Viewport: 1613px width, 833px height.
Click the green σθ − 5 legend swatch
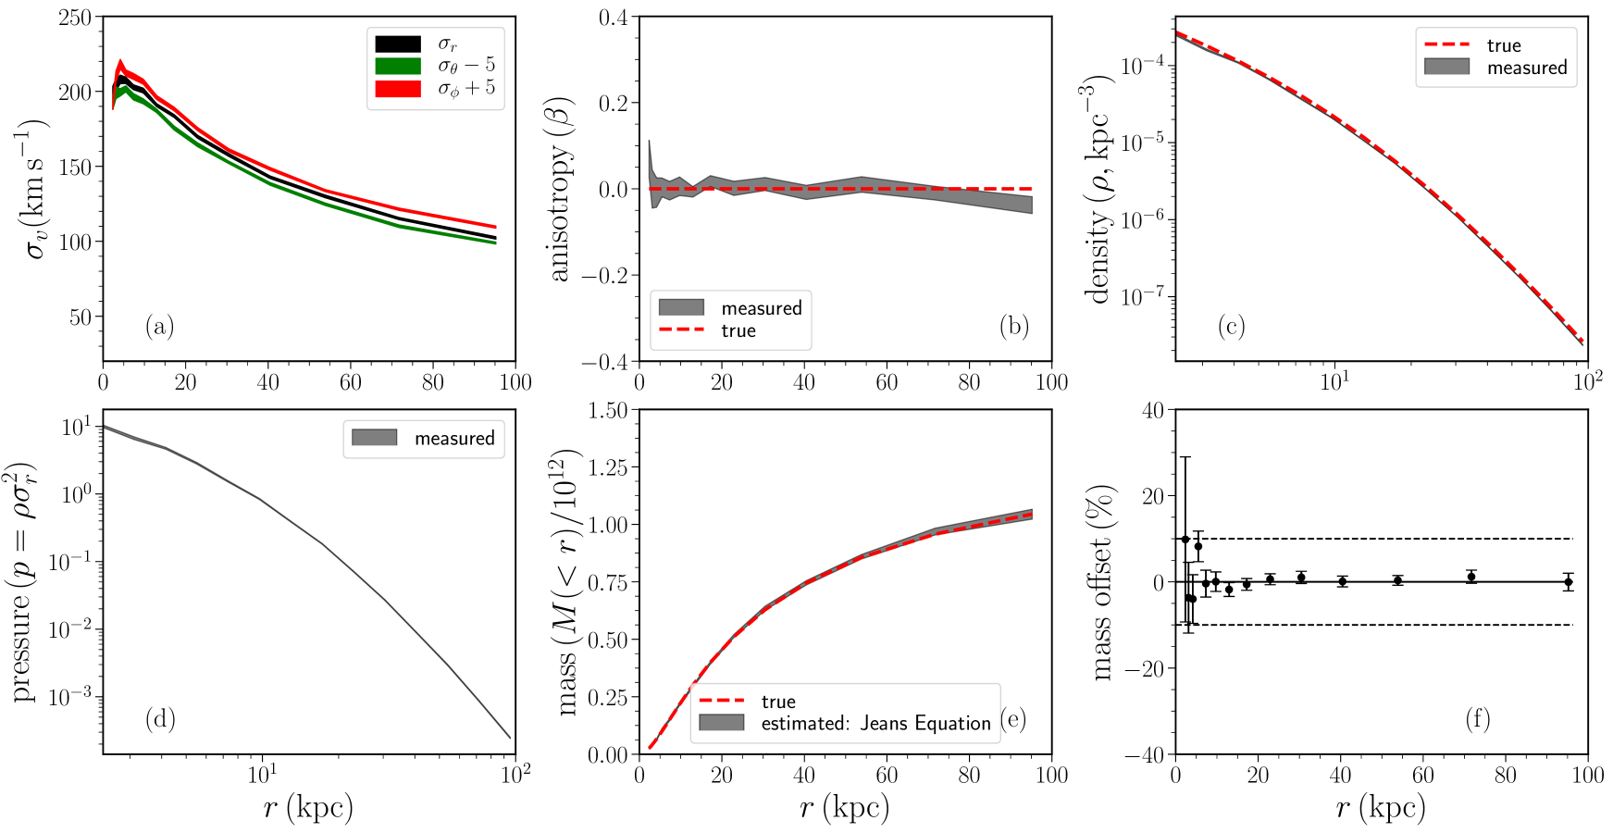[x=398, y=66]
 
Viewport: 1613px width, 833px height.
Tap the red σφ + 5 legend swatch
[x=398, y=89]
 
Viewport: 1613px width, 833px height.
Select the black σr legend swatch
[x=398, y=44]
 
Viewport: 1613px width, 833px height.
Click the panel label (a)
[x=159, y=326]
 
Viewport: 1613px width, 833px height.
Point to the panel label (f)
[x=1478, y=718]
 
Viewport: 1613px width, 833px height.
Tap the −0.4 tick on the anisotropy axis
[x=604, y=362]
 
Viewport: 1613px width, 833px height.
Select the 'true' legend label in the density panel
[x=1504, y=45]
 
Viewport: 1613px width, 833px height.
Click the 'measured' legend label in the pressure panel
[x=454, y=438]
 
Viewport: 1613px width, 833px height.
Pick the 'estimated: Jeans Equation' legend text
[x=875, y=723]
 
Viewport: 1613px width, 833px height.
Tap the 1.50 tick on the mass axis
[x=608, y=410]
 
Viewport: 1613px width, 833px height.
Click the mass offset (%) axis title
[x=1101, y=583]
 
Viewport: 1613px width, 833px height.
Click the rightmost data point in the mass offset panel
[x=1568, y=583]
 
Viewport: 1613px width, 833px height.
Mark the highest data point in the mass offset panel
[x=1185, y=540]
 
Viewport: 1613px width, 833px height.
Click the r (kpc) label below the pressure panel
[x=308, y=808]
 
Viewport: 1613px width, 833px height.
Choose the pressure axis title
[x=25, y=583]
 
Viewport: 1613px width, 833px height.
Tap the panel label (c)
[x=1231, y=326]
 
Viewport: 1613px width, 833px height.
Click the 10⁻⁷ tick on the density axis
[x=1142, y=297]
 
